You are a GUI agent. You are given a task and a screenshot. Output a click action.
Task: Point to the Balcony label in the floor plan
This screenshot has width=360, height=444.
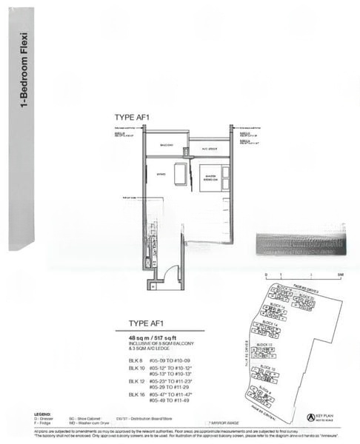165,146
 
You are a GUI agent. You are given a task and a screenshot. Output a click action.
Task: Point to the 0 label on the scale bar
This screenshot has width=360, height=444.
265,275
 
